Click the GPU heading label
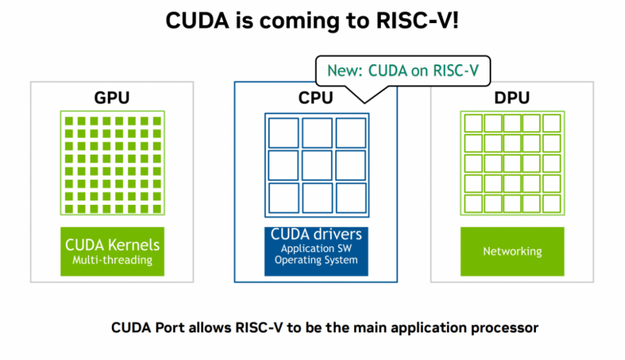(112, 98)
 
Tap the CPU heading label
(316, 98)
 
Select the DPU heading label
(512, 98)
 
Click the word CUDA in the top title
(197, 21)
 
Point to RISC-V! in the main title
(417, 21)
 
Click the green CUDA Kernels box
(112, 251)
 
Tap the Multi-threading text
(112, 260)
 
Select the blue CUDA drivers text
(316, 234)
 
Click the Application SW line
(316, 248)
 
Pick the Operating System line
(316, 260)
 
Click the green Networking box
(512, 251)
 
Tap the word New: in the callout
(345, 71)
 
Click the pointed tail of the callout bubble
(365, 103)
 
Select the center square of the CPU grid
(317, 165)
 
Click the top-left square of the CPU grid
(284, 133)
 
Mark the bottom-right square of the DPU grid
(552, 203)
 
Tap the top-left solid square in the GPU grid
(69, 121)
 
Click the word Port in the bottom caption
(170, 328)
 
